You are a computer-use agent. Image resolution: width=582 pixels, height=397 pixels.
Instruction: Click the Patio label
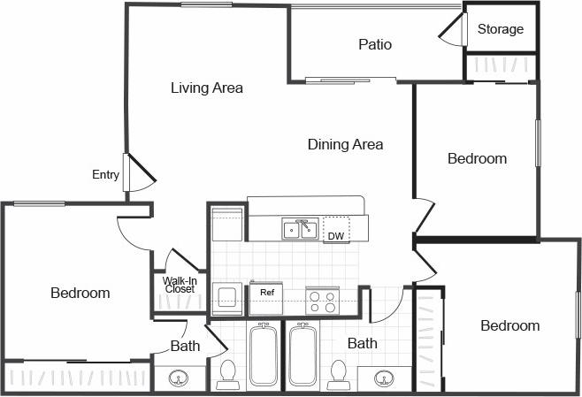pos(375,44)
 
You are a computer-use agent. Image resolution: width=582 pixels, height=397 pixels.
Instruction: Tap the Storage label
pos(501,29)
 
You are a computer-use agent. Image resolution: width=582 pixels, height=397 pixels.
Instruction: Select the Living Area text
pos(207,88)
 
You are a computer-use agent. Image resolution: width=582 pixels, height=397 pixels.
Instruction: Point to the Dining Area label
pos(345,144)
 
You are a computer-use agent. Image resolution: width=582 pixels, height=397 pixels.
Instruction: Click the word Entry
pos(105,175)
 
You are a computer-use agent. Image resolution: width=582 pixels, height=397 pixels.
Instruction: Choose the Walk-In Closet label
pos(179,285)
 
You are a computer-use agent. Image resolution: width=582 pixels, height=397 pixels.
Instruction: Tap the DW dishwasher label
pos(336,236)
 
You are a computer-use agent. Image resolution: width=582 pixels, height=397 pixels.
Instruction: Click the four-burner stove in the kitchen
pos(322,301)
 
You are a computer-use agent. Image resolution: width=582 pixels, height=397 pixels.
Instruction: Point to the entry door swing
pos(140,172)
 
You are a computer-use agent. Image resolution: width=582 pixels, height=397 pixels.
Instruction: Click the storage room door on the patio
pos(453,33)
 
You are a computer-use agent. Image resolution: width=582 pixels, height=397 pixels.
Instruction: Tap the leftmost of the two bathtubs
pos(264,355)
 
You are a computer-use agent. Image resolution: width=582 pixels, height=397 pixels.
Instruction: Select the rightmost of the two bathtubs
pos(303,355)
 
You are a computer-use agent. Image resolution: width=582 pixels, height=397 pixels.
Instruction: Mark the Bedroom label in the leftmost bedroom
pos(80,293)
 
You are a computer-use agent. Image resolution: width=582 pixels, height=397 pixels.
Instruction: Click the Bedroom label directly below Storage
pos(477,159)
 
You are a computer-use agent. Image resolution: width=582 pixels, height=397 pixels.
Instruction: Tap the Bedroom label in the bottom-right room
pos(509,326)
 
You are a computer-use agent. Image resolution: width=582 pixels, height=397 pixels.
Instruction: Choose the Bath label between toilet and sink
pos(363,343)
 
